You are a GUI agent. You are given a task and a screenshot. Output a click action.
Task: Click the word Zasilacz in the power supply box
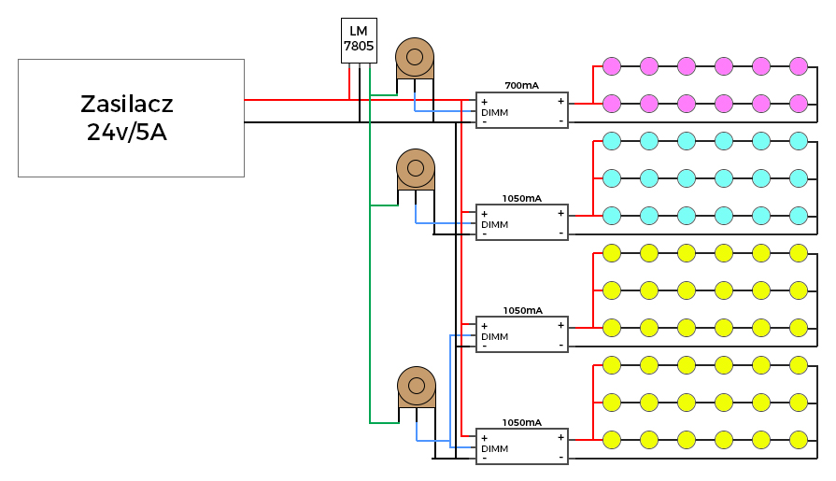click(127, 104)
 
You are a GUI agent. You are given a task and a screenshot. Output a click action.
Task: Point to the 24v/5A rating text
click(127, 132)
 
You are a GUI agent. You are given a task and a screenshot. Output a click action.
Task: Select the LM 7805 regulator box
click(359, 40)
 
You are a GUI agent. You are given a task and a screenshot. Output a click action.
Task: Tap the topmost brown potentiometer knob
click(415, 57)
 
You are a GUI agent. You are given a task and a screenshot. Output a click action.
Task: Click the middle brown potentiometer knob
click(416, 168)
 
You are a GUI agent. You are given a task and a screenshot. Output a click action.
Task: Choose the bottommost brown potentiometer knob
click(417, 386)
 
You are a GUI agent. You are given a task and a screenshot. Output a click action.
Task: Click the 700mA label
click(521, 85)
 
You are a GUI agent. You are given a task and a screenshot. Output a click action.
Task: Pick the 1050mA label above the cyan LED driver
click(521, 198)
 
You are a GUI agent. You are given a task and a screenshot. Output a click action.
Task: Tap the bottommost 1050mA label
click(521, 422)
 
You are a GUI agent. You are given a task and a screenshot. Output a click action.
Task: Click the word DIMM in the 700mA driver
click(494, 112)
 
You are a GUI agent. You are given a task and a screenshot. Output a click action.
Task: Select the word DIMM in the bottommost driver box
click(494, 448)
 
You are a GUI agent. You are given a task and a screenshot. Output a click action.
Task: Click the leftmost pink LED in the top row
click(612, 66)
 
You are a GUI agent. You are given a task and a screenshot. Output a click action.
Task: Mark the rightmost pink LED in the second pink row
click(798, 104)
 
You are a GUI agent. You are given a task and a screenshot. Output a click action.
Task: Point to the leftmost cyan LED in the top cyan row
click(612, 141)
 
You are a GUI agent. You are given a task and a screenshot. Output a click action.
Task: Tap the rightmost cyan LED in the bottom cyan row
click(798, 216)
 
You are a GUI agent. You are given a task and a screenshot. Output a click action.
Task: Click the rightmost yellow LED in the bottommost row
click(798, 439)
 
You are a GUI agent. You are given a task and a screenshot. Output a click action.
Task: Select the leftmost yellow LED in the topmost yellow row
click(612, 253)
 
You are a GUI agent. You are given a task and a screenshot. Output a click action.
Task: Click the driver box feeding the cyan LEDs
click(522, 222)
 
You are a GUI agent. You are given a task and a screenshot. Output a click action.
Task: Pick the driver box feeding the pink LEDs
click(522, 110)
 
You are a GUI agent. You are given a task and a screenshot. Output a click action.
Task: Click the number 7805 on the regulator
click(359, 47)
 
